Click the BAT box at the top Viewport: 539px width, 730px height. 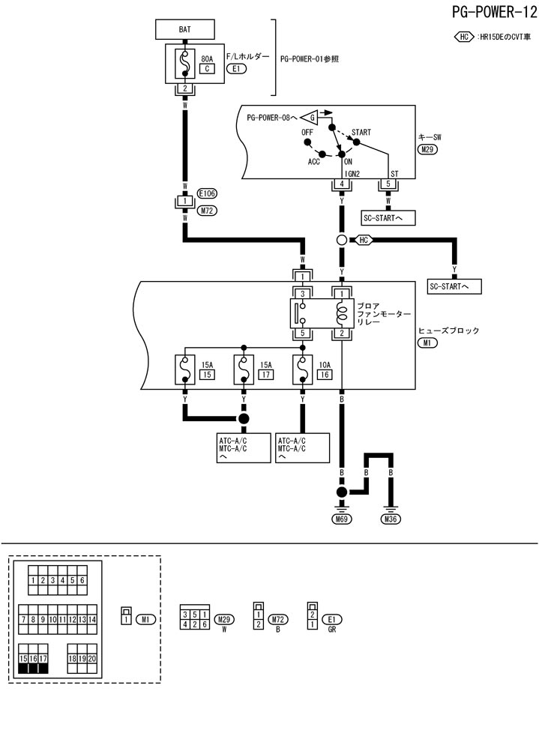[184, 29]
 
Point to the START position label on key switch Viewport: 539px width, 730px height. [361, 132]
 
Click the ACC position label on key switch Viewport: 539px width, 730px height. [313, 161]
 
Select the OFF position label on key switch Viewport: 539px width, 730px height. [307, 132]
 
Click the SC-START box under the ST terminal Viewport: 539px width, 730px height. [388, 218]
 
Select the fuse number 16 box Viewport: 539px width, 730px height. [325, 374]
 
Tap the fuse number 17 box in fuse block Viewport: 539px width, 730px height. [265, 374]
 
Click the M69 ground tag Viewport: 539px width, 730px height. [341, 519]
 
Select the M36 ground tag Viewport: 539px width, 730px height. [391, 519]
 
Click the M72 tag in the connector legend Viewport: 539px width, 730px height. [279, 619]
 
